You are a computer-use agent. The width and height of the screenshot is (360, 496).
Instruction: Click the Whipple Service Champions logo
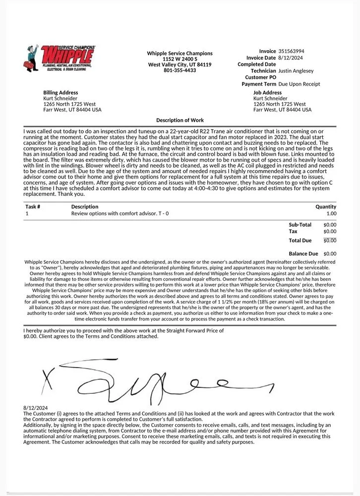pos(60,59)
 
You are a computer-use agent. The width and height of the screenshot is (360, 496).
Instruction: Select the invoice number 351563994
pos(291,52)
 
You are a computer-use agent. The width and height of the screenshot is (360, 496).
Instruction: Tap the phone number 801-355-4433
pos(180,70)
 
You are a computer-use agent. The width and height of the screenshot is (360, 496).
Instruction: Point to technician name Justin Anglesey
pos(296,71)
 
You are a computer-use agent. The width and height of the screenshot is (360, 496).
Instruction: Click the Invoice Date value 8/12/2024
pos(290,58)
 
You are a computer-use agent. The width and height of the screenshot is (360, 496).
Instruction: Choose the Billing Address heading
pos(60,93)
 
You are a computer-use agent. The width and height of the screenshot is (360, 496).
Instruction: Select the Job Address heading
pos(267,93)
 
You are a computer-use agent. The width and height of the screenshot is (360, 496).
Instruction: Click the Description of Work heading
pos(180,120)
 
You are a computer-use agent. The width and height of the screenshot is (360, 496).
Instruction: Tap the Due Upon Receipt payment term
pos(299,84)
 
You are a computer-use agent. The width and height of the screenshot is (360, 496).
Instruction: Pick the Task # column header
pos(33,207)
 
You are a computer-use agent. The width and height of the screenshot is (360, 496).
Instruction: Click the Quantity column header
pos(325,207)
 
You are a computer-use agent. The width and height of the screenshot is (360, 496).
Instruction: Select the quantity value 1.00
pos(331,214)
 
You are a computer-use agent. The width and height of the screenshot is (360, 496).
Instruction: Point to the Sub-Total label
pos(300,225)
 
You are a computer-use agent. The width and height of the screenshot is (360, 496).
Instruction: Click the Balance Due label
pos(302,254)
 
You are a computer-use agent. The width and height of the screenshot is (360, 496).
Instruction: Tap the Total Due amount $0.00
pos(330,241)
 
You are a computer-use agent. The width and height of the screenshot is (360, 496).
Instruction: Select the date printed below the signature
pos(35,408)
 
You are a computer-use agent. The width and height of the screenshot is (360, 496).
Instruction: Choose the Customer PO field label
pos(260,77)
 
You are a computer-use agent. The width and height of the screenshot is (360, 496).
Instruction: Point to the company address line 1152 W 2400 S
pos(180,59)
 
